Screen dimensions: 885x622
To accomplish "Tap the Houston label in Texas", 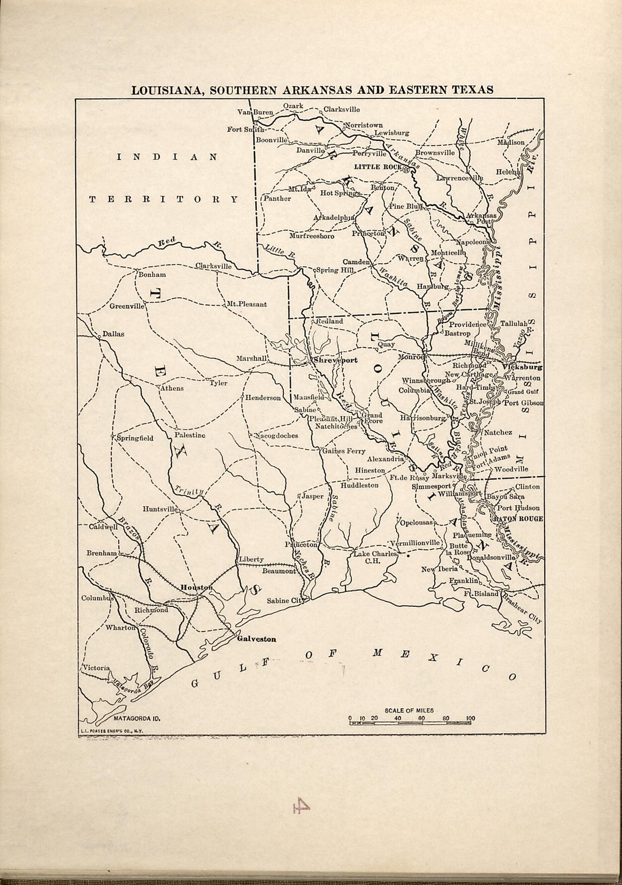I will (x=195, y=588).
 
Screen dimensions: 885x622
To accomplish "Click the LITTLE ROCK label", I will (x=376, y=167).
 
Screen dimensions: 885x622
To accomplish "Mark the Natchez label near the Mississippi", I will (x=498, y=432).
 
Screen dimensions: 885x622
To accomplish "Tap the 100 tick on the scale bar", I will (x=470, y=719).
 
